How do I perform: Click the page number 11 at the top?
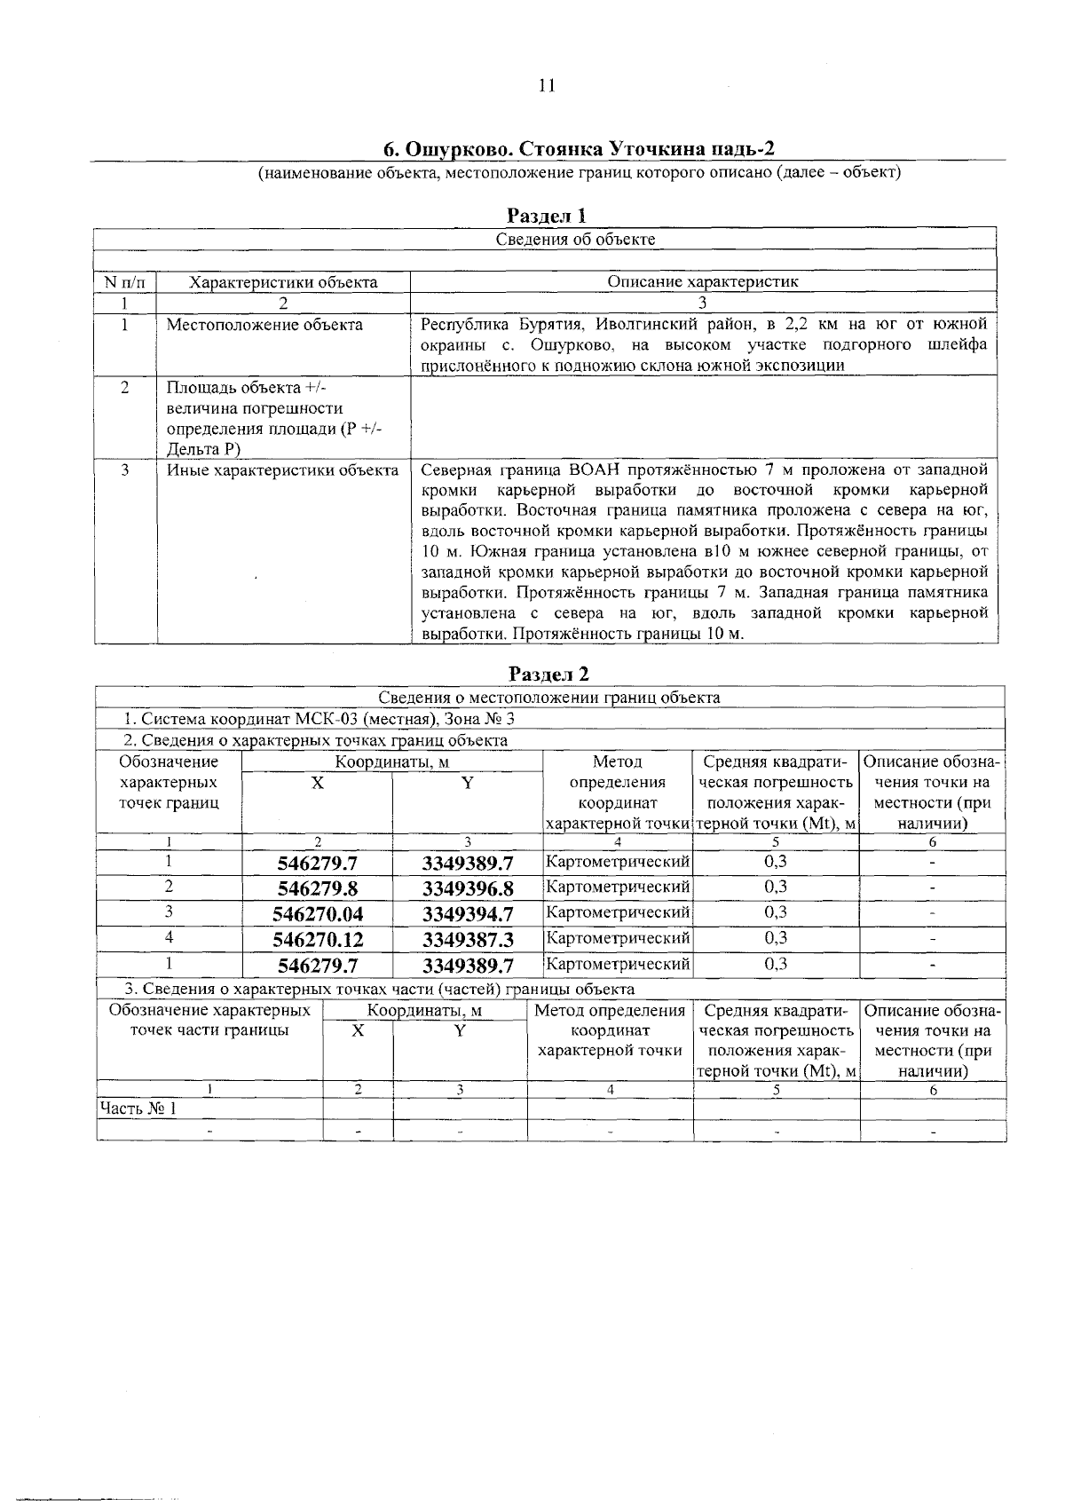[546, 86]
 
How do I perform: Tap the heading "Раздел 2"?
[548, 675]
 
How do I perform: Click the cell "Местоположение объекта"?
[264, 325]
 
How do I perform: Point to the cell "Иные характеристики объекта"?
[282, 469]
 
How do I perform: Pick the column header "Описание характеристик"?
[703, 282]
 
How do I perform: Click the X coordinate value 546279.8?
[317, 888]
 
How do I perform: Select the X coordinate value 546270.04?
[317, 914]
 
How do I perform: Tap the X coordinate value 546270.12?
[317, 939]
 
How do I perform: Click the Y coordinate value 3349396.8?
[468, 888]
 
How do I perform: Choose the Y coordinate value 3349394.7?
[468, 914]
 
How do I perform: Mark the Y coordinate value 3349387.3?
[468, 939]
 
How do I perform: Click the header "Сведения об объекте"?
[575, 239]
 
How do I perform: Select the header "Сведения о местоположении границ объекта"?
[549, 698]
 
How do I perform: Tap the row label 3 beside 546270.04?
[168, 911]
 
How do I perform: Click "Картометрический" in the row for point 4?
[617, 937]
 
